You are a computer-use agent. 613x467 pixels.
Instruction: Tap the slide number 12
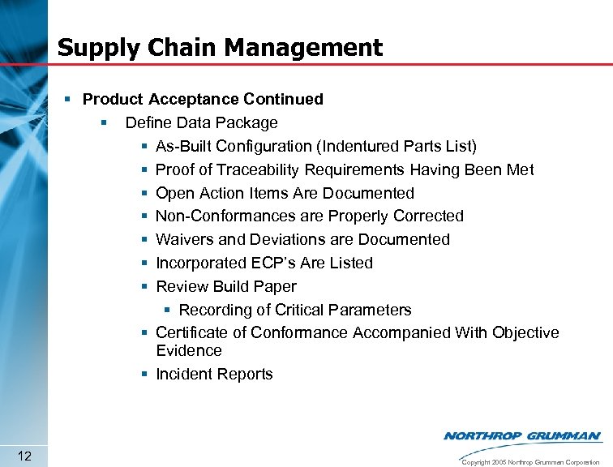tap(24, 456)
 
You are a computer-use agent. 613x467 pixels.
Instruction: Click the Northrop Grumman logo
tap(522, 436)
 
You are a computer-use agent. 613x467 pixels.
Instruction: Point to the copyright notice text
tap(529, 461)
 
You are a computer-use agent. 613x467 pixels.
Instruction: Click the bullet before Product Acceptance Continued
tap(71, 100)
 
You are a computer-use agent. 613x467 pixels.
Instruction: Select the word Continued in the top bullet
tap(283, 100)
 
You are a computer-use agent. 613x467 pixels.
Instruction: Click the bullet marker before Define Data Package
tap(104, 123)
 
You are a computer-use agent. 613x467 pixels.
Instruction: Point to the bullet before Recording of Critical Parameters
tap(166, 311)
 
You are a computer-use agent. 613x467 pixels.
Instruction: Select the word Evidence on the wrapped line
tap(188, 351)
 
